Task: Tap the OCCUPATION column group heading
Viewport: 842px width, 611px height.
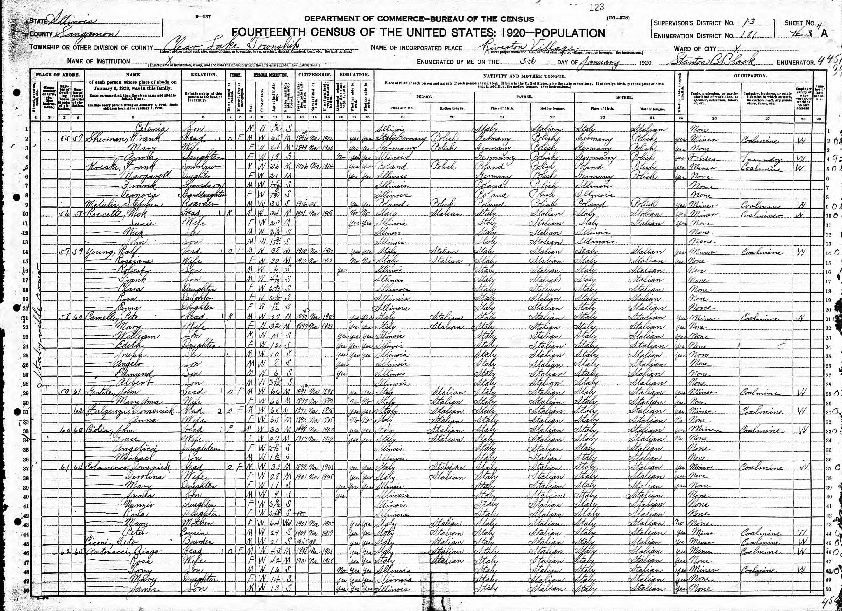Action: [x=750, y=76]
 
